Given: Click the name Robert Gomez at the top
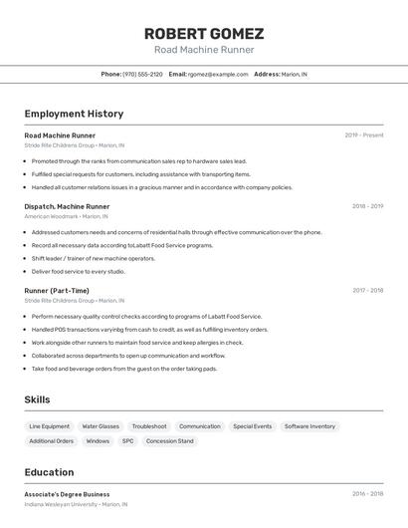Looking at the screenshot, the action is coord(203,33).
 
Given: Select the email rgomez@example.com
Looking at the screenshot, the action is coord(218,74).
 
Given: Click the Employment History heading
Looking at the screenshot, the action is coord(74,114).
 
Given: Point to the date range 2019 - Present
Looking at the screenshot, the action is coord(363,135).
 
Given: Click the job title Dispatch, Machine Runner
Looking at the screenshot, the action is coord(67,206).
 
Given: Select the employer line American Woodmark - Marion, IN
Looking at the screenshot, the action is coord(67,216).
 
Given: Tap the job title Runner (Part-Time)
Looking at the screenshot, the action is coord(58,291).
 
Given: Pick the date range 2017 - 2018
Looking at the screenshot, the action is coord(367,291).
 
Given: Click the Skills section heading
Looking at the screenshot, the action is coord(37,399).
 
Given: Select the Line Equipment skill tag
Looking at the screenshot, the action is coord(50,426).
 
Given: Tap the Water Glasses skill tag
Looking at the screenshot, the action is coord(101,426).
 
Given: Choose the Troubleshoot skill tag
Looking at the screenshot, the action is coord(149,426).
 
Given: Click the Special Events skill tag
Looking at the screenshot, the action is coord(252,426).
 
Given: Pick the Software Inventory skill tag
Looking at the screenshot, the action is coord(309,426).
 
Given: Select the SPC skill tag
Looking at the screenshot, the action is coord(127,440).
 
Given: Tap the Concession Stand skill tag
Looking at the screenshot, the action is coord(170,440).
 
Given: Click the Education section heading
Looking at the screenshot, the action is coord(49,472).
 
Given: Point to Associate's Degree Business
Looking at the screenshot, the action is coord(67,494).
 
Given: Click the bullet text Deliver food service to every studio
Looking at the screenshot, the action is coord(78,271).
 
